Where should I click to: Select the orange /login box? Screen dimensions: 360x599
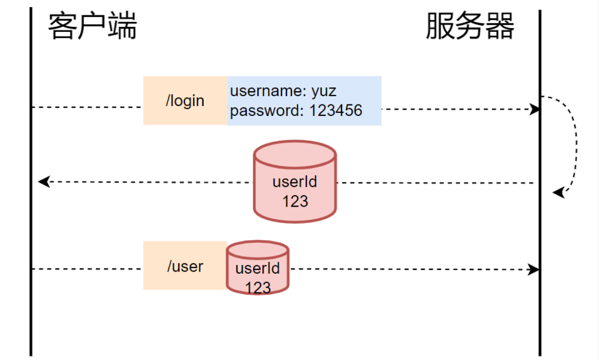[x=185, y=101]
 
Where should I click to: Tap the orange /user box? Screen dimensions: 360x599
[x=185, y=266]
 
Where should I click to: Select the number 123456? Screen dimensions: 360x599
[x=336, y=111]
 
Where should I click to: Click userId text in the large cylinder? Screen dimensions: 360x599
[x=295, y=182]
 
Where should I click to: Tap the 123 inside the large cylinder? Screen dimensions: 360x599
[x=295, y=201]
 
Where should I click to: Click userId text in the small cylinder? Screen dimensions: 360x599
[x=257, y=269]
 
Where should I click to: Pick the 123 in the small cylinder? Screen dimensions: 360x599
[x=257, y=287]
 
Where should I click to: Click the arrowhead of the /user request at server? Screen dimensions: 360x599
[x=534, y=270]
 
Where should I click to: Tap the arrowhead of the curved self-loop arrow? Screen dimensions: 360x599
[x=558, y=193]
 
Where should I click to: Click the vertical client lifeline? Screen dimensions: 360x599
[x=31, y=220]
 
